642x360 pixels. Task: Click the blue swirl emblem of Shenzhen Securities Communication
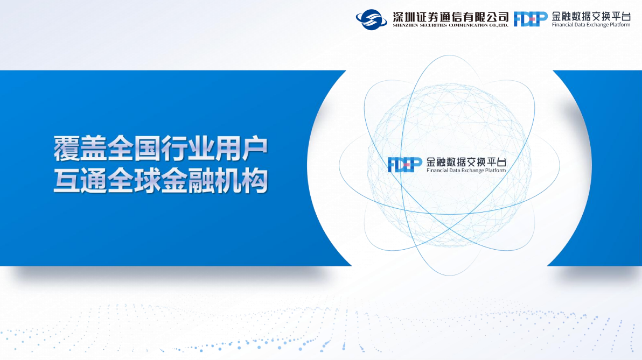coord(372,19)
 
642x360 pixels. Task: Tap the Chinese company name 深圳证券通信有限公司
coord(450,17)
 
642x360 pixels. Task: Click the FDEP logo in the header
coord(531,19)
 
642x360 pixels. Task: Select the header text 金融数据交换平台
coord(591,16)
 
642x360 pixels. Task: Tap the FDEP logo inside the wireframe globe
coord(405,165)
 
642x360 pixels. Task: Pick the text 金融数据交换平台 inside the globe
coord(466,162)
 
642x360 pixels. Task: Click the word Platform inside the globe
coord(496,170)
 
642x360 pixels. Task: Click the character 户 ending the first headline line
coord(255,149)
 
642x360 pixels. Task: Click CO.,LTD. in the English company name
coord(498,25)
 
